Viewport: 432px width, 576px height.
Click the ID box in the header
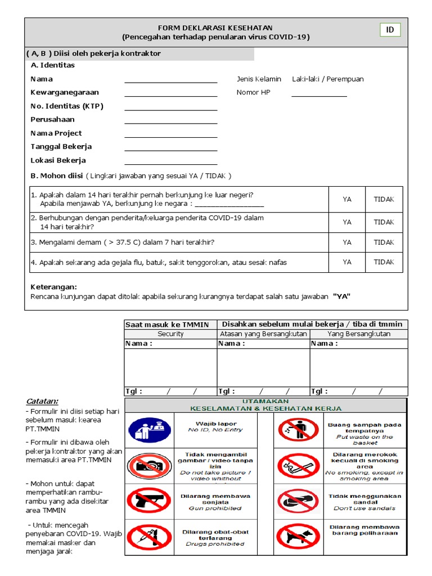pos(389,30)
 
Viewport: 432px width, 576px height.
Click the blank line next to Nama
pos(170,80)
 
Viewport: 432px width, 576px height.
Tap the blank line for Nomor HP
pos(319,94)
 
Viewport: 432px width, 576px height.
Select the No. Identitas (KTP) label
pos(67,106)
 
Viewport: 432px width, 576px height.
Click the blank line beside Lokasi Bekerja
pos(170,161)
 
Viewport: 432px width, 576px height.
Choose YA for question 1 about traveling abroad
pos(347,199)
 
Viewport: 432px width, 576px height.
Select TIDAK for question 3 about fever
pos(384,242)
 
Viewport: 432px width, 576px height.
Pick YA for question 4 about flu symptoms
pos(347,262)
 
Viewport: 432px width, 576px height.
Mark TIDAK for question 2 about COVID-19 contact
pos(384,222)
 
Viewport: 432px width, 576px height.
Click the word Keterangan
pos(53,287)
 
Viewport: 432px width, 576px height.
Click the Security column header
pos(170,334)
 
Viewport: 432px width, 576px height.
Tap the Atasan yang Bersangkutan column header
pos(263,334)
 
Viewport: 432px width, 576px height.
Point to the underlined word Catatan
pos(42,401)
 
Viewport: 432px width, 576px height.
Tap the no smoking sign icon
pos(298,465)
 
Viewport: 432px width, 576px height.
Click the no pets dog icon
pos(298,536)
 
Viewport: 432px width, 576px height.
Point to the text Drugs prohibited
pos(215,544)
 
